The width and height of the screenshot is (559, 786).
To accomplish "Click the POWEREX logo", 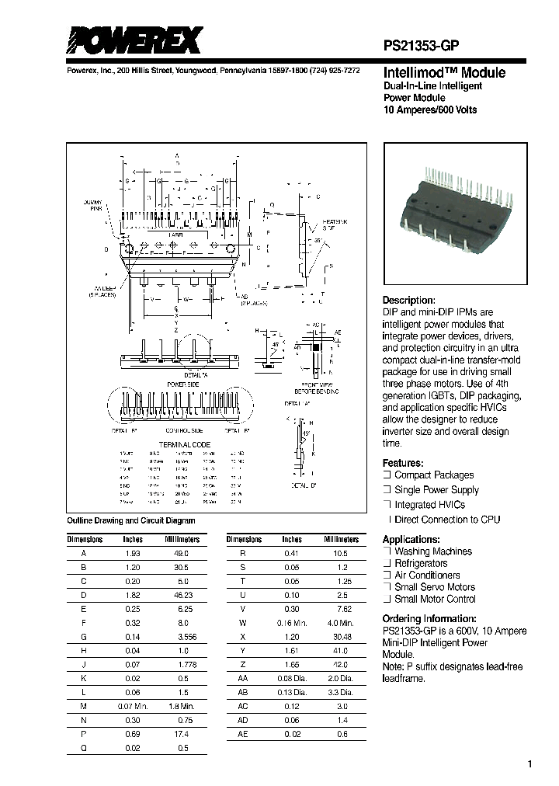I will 134,40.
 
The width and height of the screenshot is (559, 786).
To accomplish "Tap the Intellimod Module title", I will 445,73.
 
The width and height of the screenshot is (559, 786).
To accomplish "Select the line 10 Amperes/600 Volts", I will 430,110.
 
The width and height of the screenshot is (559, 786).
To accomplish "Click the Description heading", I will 409,301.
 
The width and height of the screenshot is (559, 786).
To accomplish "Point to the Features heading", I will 403,462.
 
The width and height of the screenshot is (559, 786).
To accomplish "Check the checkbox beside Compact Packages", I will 387,475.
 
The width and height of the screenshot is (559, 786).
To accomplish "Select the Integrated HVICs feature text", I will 430,505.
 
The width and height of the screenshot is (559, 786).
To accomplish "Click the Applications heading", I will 411,539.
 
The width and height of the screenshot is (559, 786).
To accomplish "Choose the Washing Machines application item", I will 432,551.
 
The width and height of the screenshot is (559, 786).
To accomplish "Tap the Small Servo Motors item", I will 435,587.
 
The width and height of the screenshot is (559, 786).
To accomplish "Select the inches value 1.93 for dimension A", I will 134,553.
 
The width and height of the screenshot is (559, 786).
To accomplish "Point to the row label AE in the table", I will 243,732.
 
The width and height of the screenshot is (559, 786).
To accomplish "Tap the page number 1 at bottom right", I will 529,764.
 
